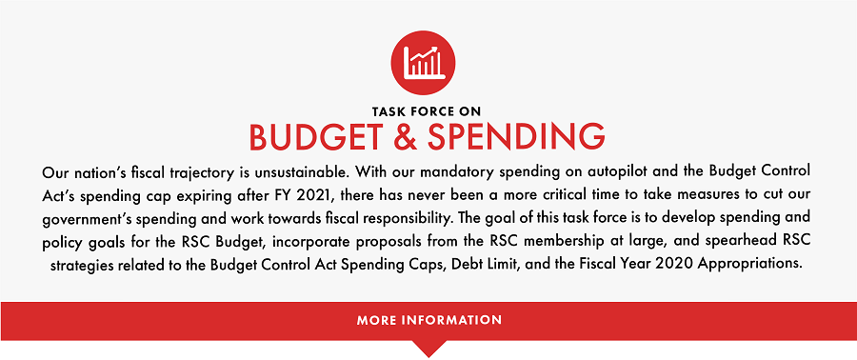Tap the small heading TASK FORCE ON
[x=428, y=110]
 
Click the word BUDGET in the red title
[x=319, y=137]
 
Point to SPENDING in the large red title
[x=518, y=137]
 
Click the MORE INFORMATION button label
[x=428, y=320]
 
